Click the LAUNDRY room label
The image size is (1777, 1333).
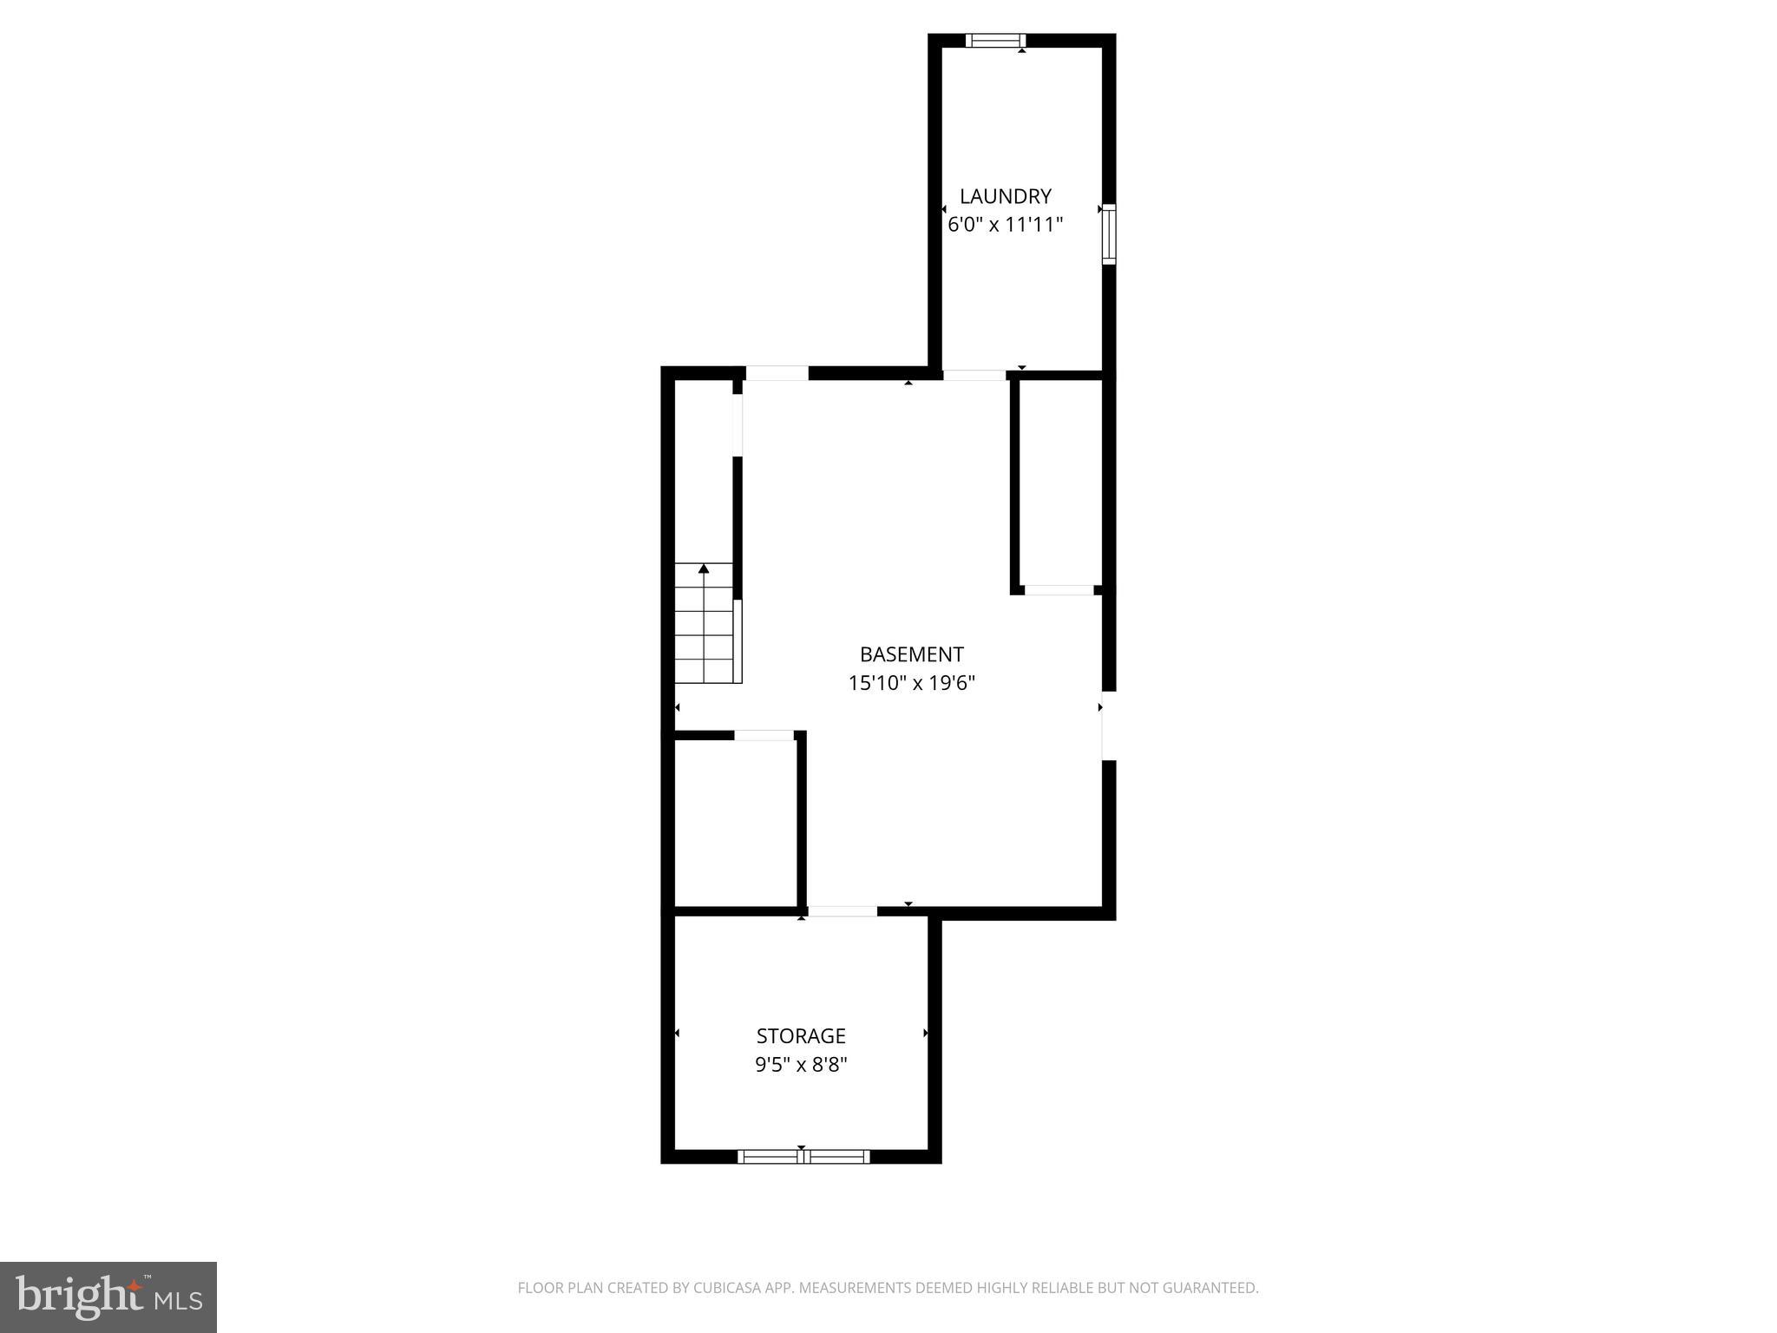coord(1005,196)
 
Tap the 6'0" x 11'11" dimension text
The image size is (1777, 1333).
coord(1005,225)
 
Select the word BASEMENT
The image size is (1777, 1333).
coord(911,654)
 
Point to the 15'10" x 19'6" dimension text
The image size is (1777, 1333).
coord(911,683)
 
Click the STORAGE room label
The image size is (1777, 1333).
coord(801,1035)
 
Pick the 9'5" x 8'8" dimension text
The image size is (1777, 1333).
coord(801,1064)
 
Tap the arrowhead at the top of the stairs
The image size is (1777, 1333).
coord(704,568)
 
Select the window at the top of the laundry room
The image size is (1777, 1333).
coord(995,40)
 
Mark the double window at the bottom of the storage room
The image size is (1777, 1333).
coord(803,1156)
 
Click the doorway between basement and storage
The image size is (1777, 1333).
coord(843,911)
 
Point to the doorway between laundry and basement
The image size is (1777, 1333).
coord(974,375)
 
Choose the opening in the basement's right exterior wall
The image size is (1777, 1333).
coord(1108,726)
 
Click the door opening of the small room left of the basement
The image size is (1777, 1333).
coord(764,736)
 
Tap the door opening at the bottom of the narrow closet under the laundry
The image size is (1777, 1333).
coord(1059,590)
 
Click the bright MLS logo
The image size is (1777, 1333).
coord(108,1297)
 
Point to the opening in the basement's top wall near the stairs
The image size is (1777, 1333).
coord(777,373)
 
